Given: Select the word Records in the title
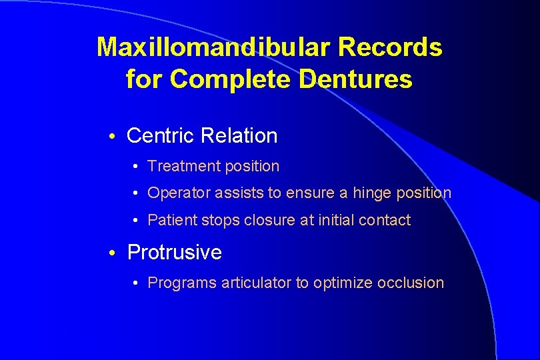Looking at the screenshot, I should click(x=390, y=47).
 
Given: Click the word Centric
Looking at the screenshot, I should click(x=160, y=136).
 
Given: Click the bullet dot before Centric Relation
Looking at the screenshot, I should click(x=114, y=137).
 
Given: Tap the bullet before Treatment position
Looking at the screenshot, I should click(x=135, y=167).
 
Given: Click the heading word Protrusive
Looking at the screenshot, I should click(x=174, y=253).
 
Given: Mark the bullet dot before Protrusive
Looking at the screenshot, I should click(x=114, y=253).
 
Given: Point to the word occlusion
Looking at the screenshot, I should click(x=411, y=283).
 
